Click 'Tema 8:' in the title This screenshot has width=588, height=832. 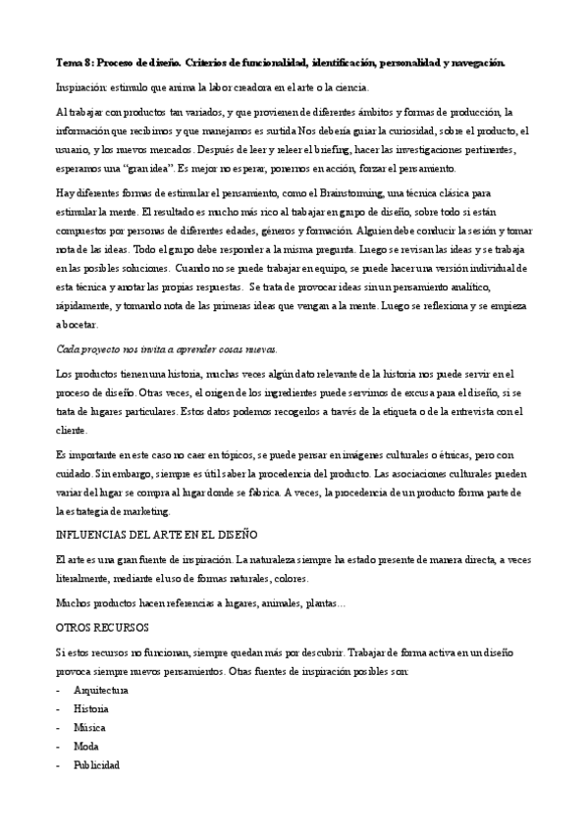(x=75, y=63)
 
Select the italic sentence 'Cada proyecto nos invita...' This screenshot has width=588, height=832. (x=167, y=348)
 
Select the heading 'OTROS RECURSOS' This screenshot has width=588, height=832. (x=102, y=625)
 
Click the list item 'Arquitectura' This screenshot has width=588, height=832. (x=101, y=691)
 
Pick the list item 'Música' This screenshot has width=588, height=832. (x=89, y=727)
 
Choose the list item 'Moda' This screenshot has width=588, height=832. (x=86, y=746)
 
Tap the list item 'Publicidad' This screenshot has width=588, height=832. (x=96, y=764)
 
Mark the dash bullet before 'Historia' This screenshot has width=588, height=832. (x=59, y=709)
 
